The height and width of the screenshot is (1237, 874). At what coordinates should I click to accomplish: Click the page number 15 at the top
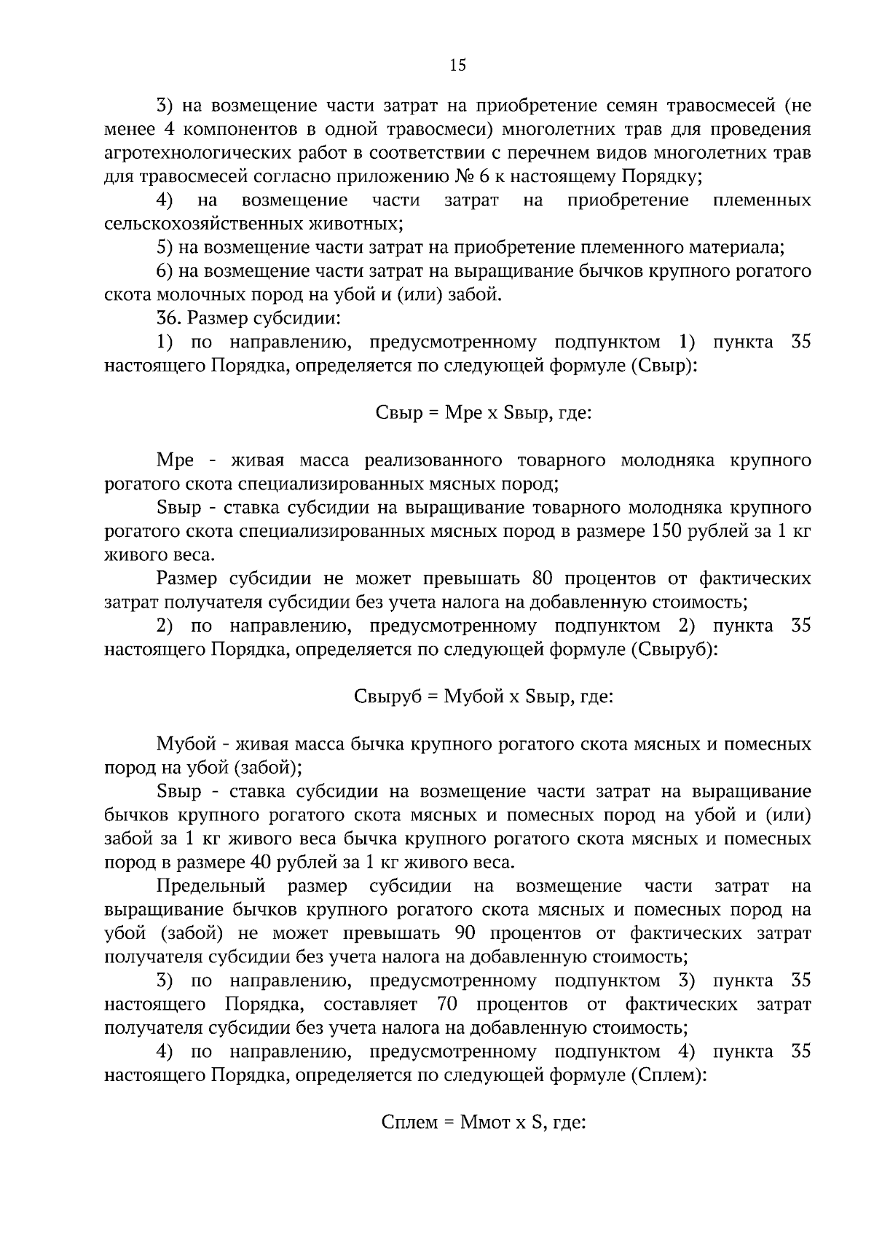click(457, 66)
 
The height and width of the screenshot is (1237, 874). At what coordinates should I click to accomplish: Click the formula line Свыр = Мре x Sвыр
click(483, 413)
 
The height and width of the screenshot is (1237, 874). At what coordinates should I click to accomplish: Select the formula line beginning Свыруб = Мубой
click(483, 696)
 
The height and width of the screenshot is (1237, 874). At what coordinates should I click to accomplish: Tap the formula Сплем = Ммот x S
click(483, 1122)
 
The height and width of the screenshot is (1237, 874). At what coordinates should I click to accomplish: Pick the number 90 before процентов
click(465, 933)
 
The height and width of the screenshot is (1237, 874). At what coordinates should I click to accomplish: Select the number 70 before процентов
click(446, 1005)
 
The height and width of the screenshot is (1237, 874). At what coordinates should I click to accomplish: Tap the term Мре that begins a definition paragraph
click(175, 460)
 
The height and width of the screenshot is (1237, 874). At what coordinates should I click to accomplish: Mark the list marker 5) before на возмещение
click(164, 248)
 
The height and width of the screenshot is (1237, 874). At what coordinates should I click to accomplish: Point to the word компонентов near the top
click(232, 130)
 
